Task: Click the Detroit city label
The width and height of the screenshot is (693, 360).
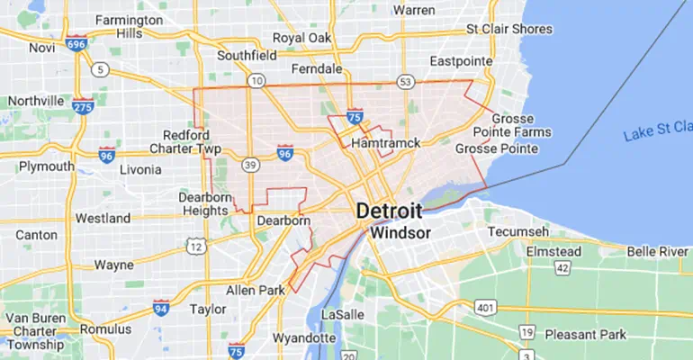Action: tap(389, 210)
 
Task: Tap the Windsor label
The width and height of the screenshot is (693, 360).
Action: tap(400, 232)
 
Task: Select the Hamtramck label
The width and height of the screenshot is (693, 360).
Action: tap(387, 143)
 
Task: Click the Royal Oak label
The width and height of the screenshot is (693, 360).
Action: tap(302, 38)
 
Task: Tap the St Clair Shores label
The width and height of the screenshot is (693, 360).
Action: tap(508, 29)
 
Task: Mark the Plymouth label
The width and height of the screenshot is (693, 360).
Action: tap(46, 166)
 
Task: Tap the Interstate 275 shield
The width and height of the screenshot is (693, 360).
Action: tap(84, 106)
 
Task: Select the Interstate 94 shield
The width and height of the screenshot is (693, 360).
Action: tap(161, 308)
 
